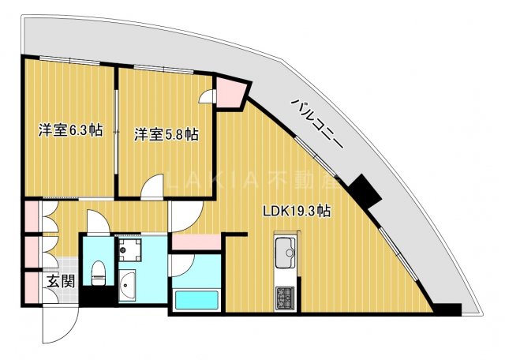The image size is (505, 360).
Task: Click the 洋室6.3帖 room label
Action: [x=71, y=131]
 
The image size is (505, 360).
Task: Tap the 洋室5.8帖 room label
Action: [x=166, y=134]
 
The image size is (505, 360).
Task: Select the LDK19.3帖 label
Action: [x=296, y=212]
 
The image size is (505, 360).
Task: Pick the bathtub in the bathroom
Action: [x=196, y=301]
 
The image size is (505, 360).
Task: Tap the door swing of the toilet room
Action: [x=97, y=223]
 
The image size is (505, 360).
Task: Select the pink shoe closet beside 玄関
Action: [x=31, y=285]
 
